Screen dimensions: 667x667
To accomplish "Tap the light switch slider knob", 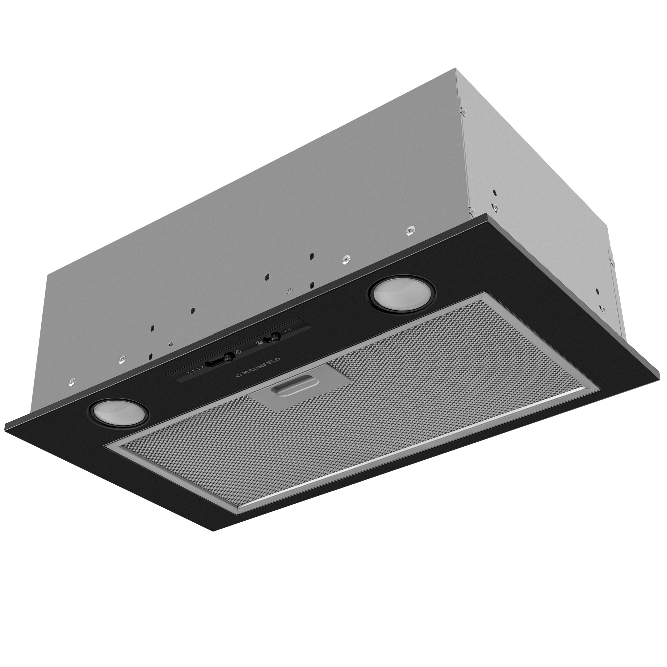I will [275, 336].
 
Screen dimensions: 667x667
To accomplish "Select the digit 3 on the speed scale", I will [188, 374].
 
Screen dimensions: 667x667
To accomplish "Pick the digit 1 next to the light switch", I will [285, 331].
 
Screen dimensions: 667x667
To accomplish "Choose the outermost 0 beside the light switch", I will [290, 329].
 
